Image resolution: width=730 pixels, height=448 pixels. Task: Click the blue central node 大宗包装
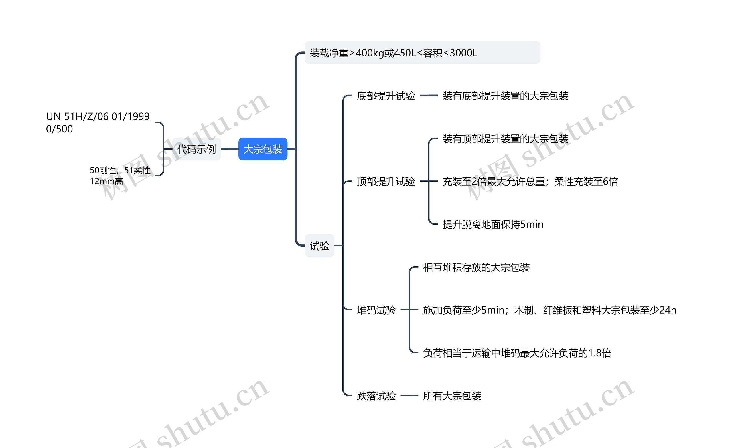click(263, 149)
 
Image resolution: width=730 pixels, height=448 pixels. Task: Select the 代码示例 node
click(196, 149)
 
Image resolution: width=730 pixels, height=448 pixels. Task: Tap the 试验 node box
click(319, 245)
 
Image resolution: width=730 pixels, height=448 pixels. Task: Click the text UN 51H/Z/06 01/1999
click(98, 116)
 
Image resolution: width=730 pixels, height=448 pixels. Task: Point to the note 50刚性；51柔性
click(120, 170)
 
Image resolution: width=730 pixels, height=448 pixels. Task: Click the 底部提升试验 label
click(386, 96)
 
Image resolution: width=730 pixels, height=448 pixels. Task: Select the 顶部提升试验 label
click(386, 181)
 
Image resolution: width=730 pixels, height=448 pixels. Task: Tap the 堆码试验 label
click(376, 310)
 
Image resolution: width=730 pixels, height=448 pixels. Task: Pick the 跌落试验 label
click(376, 396)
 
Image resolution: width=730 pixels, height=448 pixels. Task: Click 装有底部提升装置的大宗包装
click(505, 96)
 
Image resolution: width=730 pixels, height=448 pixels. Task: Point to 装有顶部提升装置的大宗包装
click(505, 139)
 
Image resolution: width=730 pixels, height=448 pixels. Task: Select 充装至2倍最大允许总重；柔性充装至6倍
click(530, 181)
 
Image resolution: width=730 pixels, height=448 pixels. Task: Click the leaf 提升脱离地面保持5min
click(493, 225)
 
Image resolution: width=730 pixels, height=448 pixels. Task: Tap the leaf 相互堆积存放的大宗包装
click(476, 267)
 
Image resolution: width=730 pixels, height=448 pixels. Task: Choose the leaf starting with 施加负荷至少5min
click(549, 310)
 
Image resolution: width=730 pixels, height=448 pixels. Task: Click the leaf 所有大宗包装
click(452, 396)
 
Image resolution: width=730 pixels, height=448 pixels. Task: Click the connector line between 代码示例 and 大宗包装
click(230, 149)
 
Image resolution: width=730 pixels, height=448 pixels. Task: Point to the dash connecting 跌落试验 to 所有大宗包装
click(409, 395)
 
